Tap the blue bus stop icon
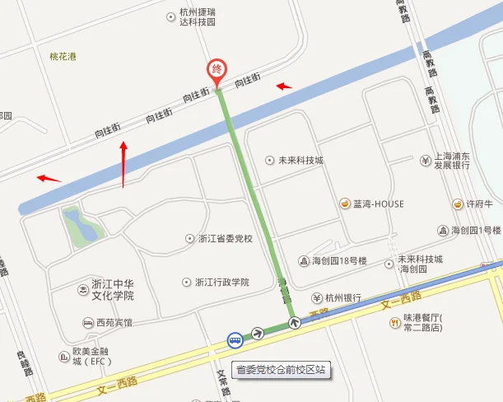[235, 339]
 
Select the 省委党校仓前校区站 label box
[279, 370]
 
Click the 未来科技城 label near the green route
[300, 160]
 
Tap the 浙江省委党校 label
[225, 239]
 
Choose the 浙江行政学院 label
[221, 282]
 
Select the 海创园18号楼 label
[338, 261]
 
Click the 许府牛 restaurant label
[478, 203]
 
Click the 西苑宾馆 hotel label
[113, 322]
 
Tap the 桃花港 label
[63, 57]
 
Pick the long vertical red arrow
[123, 164]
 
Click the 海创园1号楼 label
[476, 230]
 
